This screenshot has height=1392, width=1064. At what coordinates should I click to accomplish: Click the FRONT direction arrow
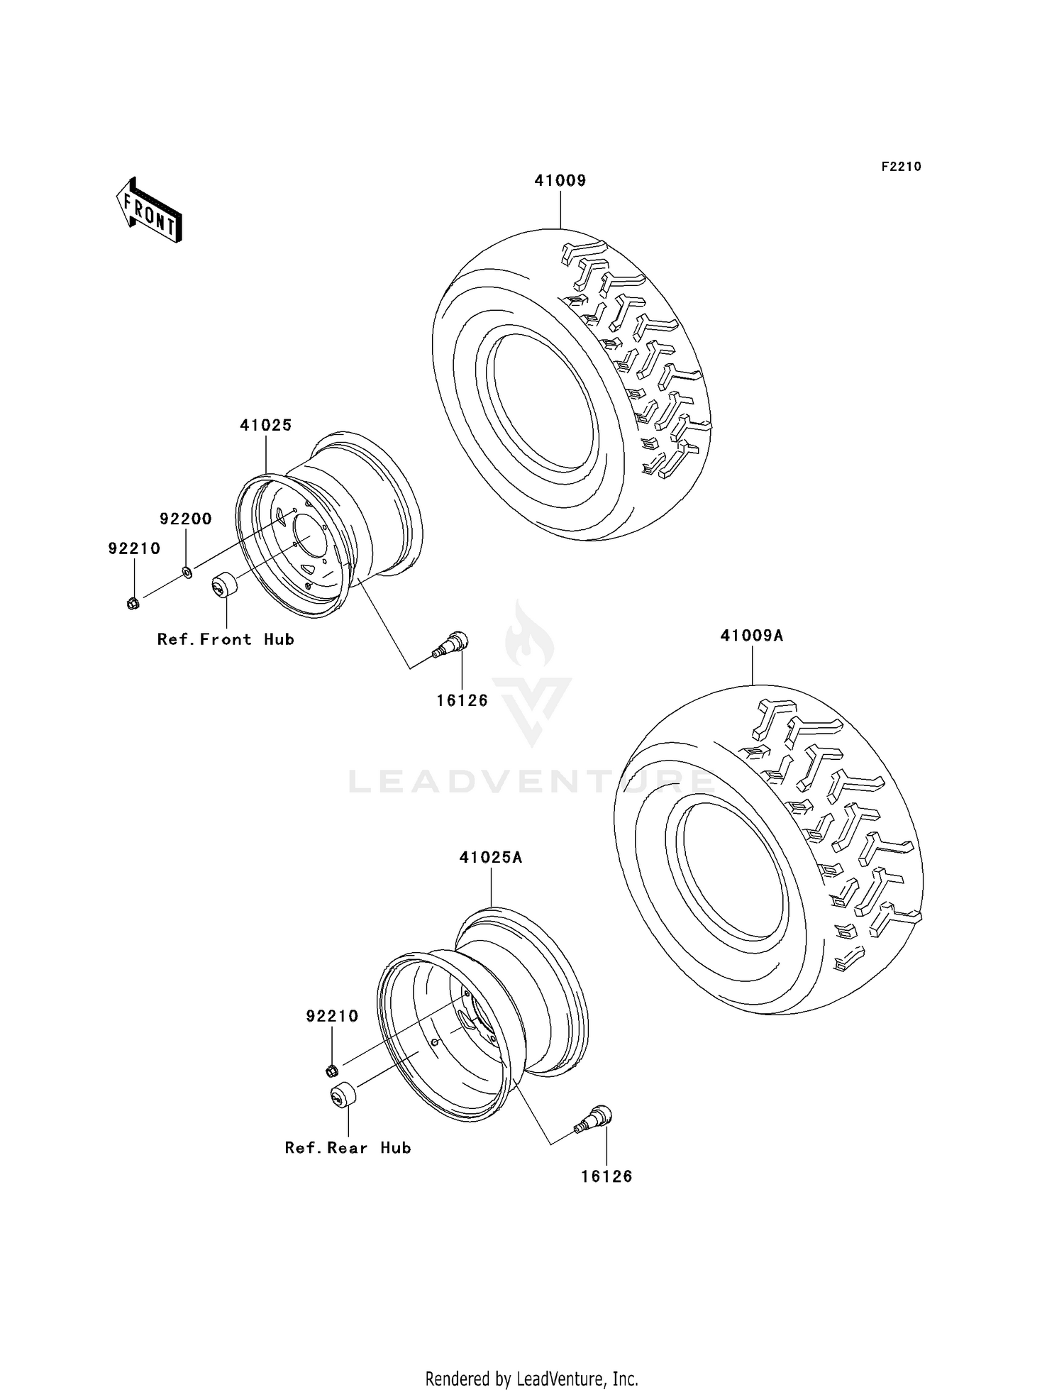150,211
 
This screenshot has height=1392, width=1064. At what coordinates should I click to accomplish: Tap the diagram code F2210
901,167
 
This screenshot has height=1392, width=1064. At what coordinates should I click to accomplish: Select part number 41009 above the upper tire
560,181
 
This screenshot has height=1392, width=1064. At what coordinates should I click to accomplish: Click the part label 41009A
751,636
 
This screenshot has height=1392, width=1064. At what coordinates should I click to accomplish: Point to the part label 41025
266,425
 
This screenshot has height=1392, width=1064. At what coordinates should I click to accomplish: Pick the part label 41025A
491,857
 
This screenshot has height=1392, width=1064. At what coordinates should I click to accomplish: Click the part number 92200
186,519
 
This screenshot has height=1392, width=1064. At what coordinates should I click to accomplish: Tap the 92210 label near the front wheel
134,548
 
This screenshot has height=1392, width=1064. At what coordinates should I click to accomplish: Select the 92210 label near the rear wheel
332,1016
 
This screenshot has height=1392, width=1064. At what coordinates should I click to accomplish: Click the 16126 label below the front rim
462,700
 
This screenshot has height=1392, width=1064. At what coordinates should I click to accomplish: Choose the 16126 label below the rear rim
606,1176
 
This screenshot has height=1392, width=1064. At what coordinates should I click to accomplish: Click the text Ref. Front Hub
226,639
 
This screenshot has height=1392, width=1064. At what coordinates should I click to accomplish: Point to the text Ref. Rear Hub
348,1148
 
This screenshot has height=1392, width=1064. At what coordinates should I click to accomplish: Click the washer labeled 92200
187,571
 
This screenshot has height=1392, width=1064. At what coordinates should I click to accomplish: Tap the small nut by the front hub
133,604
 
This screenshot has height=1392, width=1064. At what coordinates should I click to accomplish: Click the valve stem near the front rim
451,643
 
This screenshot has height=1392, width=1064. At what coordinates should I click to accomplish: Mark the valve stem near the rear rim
594,1120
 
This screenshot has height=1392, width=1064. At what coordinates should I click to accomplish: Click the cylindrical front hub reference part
225,587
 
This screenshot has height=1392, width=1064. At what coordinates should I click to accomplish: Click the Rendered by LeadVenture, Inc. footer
531,1379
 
